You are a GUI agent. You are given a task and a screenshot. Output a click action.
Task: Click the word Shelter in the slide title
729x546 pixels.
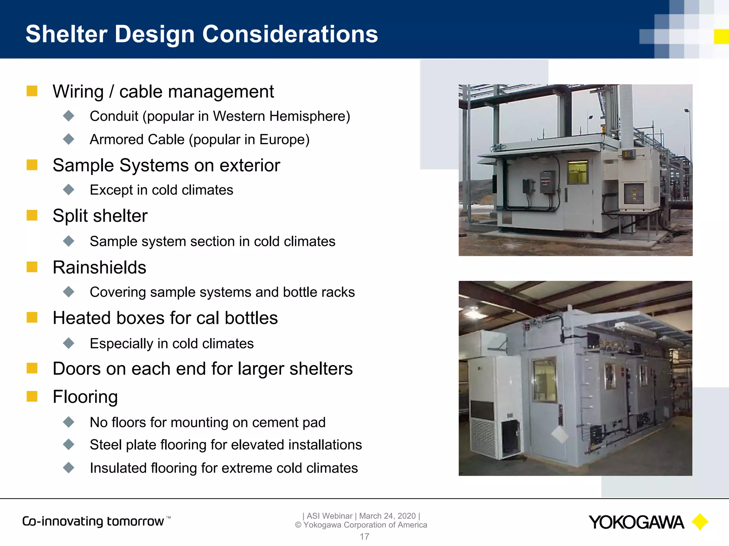[x=67, y=34]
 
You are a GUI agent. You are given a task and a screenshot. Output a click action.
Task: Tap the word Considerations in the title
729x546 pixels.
[x=290, y=34]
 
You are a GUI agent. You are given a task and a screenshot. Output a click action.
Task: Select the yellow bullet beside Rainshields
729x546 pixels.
[x=32, y=267]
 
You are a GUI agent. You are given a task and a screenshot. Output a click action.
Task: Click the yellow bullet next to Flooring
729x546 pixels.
[x=32, y=396]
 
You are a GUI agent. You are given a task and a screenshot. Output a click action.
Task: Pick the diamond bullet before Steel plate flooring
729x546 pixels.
[x=68, y=444]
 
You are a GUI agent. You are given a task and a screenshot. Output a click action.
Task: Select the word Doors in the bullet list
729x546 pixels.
[x=76, y=369]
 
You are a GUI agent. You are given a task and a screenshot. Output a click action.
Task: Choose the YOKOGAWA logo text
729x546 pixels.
[x=636, y=523]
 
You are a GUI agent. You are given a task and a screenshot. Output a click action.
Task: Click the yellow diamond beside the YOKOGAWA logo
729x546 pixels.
[x=700, y=522]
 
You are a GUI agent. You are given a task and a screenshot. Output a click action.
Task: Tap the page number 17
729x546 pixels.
[x=364, y=536]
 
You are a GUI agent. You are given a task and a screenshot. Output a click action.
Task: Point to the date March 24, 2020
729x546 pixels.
[x=387, y=516]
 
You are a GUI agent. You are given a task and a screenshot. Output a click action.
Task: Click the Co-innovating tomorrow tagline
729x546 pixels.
[x=93, y=521]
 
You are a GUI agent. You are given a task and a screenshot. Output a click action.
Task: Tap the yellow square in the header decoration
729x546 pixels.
[x=721, y=37]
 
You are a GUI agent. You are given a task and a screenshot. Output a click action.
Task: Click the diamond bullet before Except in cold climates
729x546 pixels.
[x=68, y=189]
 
